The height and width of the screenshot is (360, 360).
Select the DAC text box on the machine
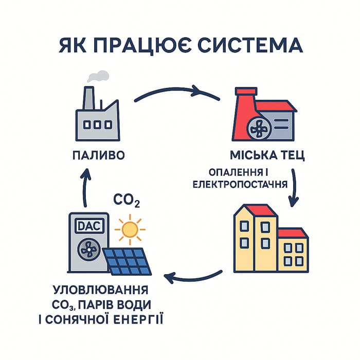[88, 225]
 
